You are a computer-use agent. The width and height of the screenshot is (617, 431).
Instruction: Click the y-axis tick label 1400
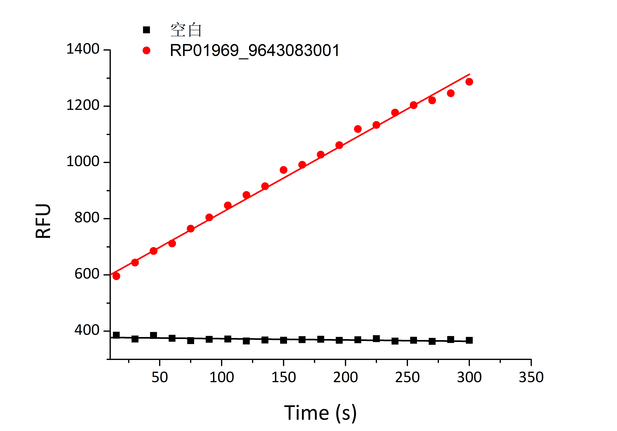(x=83, y=49)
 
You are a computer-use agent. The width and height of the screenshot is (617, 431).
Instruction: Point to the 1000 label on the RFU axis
(x=83, y=162)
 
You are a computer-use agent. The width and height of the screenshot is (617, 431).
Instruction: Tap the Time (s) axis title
(x=320, y=413)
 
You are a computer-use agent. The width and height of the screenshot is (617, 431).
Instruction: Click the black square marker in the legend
(x=146, y=30)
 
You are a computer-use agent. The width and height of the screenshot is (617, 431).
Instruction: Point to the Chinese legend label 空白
(x=186, y=30)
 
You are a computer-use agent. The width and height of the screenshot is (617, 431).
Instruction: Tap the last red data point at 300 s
(x=469, y=82)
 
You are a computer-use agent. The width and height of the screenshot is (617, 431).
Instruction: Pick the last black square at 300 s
(x=469, y=340)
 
